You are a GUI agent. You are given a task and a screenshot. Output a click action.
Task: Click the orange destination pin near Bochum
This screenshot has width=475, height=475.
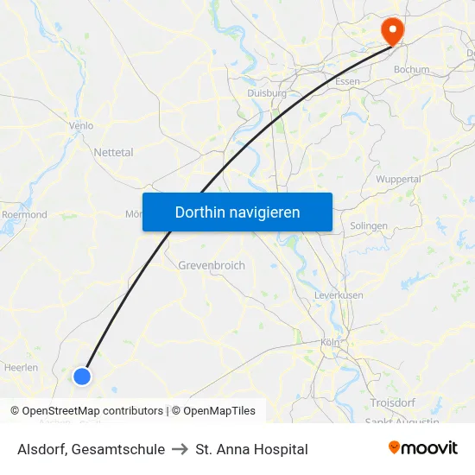(x=392, y=31)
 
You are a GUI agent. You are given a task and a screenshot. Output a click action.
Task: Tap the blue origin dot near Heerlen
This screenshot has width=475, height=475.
(x=82, y=376)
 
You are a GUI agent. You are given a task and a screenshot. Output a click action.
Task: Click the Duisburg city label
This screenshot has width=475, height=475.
(x=266, y=93)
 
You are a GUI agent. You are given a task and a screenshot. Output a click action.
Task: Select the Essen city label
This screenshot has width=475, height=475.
(x=347, y=82)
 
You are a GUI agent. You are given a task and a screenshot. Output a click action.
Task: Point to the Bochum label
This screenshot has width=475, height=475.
(x=411, y=69)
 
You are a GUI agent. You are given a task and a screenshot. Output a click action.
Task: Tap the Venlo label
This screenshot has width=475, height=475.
(x=81, y=125)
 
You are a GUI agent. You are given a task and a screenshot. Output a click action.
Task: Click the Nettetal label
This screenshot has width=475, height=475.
(x=113, y=152)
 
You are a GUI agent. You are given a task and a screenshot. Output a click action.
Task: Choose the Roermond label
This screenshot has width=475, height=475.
(x=24, y=214)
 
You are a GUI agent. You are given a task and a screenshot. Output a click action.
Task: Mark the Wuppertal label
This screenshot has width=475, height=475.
(x=398, y=180)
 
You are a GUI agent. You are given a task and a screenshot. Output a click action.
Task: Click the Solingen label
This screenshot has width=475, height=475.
(x=369, y=226)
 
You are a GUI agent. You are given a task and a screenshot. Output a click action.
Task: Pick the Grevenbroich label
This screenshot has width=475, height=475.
(x=212, y=265)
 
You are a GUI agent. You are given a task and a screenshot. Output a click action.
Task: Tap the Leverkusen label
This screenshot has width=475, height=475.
(x=339, y=295)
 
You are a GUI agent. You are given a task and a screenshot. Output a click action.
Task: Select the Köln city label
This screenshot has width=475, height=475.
(x=330, y=342)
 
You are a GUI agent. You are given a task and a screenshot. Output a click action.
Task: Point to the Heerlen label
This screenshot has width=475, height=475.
(x=21, y=368)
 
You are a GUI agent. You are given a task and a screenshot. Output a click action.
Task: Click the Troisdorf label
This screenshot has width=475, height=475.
(x=393, y=402)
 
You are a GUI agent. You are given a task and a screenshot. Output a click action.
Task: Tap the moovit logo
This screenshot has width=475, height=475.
(x=422, y=448)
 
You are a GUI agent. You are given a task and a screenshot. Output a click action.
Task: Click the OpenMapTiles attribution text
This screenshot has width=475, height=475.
(x=213, y=411)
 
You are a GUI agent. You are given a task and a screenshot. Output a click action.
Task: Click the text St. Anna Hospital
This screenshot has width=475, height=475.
(x=251, y=449)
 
